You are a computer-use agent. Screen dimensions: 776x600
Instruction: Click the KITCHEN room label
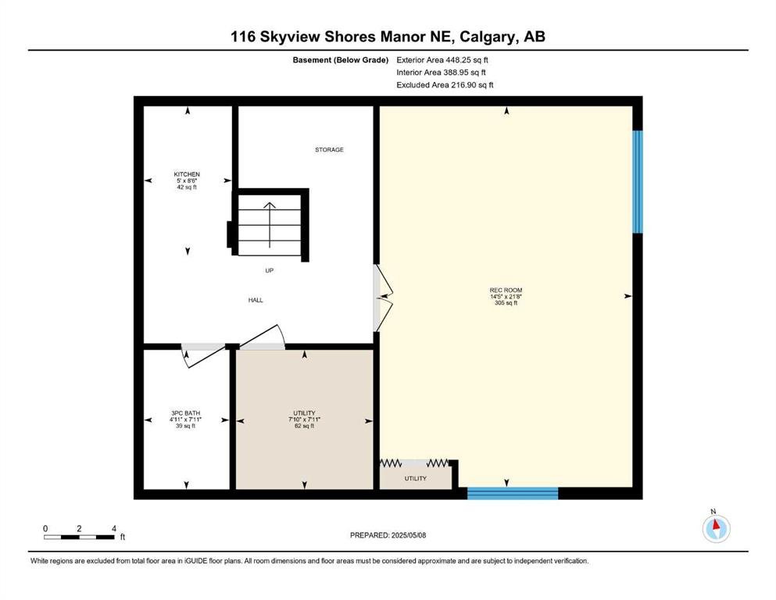[x=187, y=174]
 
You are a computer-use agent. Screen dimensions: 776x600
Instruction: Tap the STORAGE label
[x=329, y=149]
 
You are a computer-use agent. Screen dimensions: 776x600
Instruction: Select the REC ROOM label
[x=506, y=291]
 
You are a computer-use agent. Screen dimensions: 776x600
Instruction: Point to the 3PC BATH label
[x=185, y=413]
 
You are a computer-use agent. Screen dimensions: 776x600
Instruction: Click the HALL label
[x=256, y=300]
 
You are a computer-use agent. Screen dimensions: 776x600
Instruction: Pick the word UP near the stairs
[x=270, y=270]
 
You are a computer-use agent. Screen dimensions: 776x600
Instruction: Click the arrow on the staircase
[x=270, y=225]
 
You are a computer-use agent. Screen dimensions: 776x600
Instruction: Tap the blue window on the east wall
[x=638, y=181]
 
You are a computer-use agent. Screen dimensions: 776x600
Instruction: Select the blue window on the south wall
[x=513, y=493]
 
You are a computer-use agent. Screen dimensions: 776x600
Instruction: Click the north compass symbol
[x=716, y=528]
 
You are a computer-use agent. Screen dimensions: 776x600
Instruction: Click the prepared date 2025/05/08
[x=408, y=535]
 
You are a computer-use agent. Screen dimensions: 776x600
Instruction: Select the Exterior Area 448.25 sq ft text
[x=442, y=60]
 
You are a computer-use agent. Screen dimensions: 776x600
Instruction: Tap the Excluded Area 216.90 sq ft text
[x=445, y=84]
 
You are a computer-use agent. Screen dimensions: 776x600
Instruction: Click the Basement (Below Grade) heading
[x=341, y=60]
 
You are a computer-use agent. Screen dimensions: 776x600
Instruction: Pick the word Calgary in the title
[x=486, y=37]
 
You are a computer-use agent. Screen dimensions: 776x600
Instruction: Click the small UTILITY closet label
[x=415, y=478]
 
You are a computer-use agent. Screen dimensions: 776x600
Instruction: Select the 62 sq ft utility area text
[x=304, y=426]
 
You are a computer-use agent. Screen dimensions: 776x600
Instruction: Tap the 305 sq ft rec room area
[x=506, y=302]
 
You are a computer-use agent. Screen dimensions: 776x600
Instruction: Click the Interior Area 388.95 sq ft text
[x=441, y=72]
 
